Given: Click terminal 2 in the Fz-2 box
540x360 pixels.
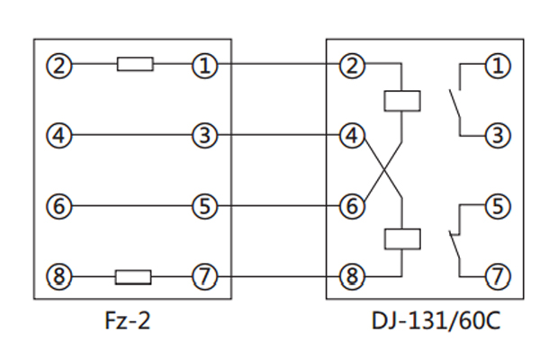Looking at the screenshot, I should (60, 65).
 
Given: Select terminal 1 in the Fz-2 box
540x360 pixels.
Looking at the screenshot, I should (205, 65).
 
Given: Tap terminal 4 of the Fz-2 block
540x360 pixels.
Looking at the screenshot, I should (60, 136).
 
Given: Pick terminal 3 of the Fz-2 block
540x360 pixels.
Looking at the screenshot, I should (205, 136).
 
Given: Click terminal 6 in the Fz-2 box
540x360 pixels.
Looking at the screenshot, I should (60, 206).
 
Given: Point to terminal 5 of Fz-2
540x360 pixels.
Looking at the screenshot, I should (205, 206).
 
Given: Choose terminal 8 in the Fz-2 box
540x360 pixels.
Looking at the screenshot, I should (60, 276).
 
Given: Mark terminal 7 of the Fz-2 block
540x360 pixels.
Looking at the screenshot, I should (205, 276).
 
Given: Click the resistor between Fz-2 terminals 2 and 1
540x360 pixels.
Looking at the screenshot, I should (134, 65).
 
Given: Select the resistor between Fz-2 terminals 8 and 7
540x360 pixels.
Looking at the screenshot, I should (133, 276).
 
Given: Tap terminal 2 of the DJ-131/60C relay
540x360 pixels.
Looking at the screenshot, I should (351, 65).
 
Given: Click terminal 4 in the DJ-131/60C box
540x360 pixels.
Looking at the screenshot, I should (351, 136).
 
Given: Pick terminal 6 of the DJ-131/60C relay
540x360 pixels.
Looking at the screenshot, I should (351, 206).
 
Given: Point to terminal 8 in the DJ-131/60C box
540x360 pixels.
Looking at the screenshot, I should (351, 276).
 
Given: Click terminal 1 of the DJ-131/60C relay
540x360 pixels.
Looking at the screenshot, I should (496, 65).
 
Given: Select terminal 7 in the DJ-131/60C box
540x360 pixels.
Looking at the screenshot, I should (496, 276).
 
